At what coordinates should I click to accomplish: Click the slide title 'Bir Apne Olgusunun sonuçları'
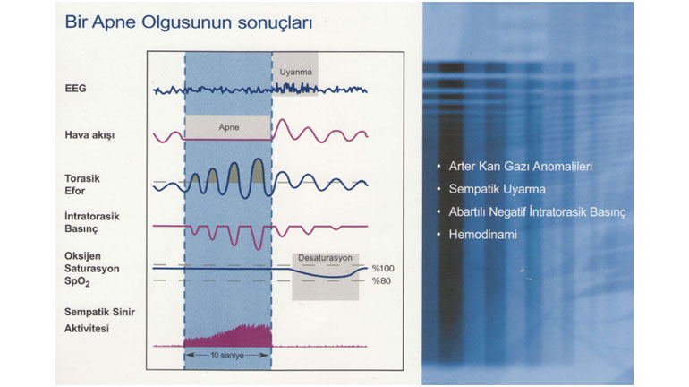(x=189, y=22)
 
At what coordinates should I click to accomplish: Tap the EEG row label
(x=75, y=89)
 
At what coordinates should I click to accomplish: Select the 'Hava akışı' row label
(x=89, y=135)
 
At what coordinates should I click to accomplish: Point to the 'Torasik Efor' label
(x=82, y=185)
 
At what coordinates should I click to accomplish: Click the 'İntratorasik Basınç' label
(x=92, y=222)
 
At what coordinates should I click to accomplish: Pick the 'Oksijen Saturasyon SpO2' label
(x=92, y=269)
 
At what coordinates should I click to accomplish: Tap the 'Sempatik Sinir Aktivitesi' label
(x=99, y=320)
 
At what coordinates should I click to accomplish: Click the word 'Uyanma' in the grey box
(x=295, y=73)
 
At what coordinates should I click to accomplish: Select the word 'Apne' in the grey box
(x=229, y=127)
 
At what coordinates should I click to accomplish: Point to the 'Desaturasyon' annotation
(x=325, y=258)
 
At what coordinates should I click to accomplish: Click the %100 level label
(x=383, y=268)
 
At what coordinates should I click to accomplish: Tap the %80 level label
(x=381, y=280)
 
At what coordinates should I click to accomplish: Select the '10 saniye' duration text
(x=227, y=356)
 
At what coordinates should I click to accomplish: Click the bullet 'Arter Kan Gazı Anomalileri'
(x=521, y=167)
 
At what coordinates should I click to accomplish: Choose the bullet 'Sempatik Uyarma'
(x=497, y=189)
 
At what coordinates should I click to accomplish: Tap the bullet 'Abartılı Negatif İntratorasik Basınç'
(x=537, y=212)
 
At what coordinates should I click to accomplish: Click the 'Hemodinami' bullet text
(x=483, y=235)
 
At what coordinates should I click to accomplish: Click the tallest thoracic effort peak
(x=258, y=159)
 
